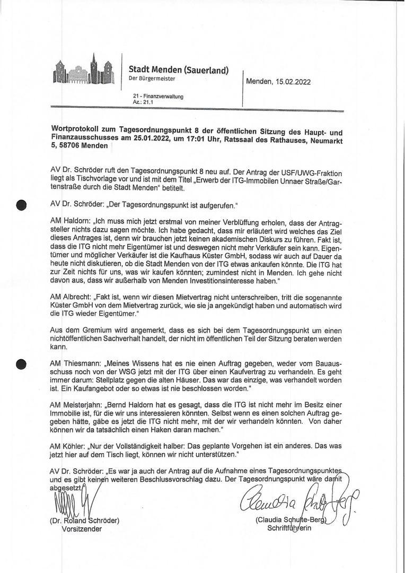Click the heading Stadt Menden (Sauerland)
click(x=179, y=70)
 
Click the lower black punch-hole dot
click(x=22, y=364)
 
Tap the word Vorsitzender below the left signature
click(x=82, y=529)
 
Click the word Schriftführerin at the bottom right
click(x=290, y=529)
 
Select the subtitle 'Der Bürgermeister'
click(x=152, y=79)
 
